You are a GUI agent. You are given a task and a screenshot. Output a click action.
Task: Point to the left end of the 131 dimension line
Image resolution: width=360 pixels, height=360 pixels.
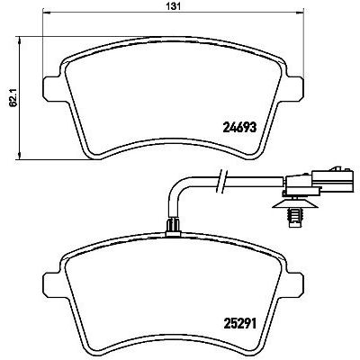coord(44,19)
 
